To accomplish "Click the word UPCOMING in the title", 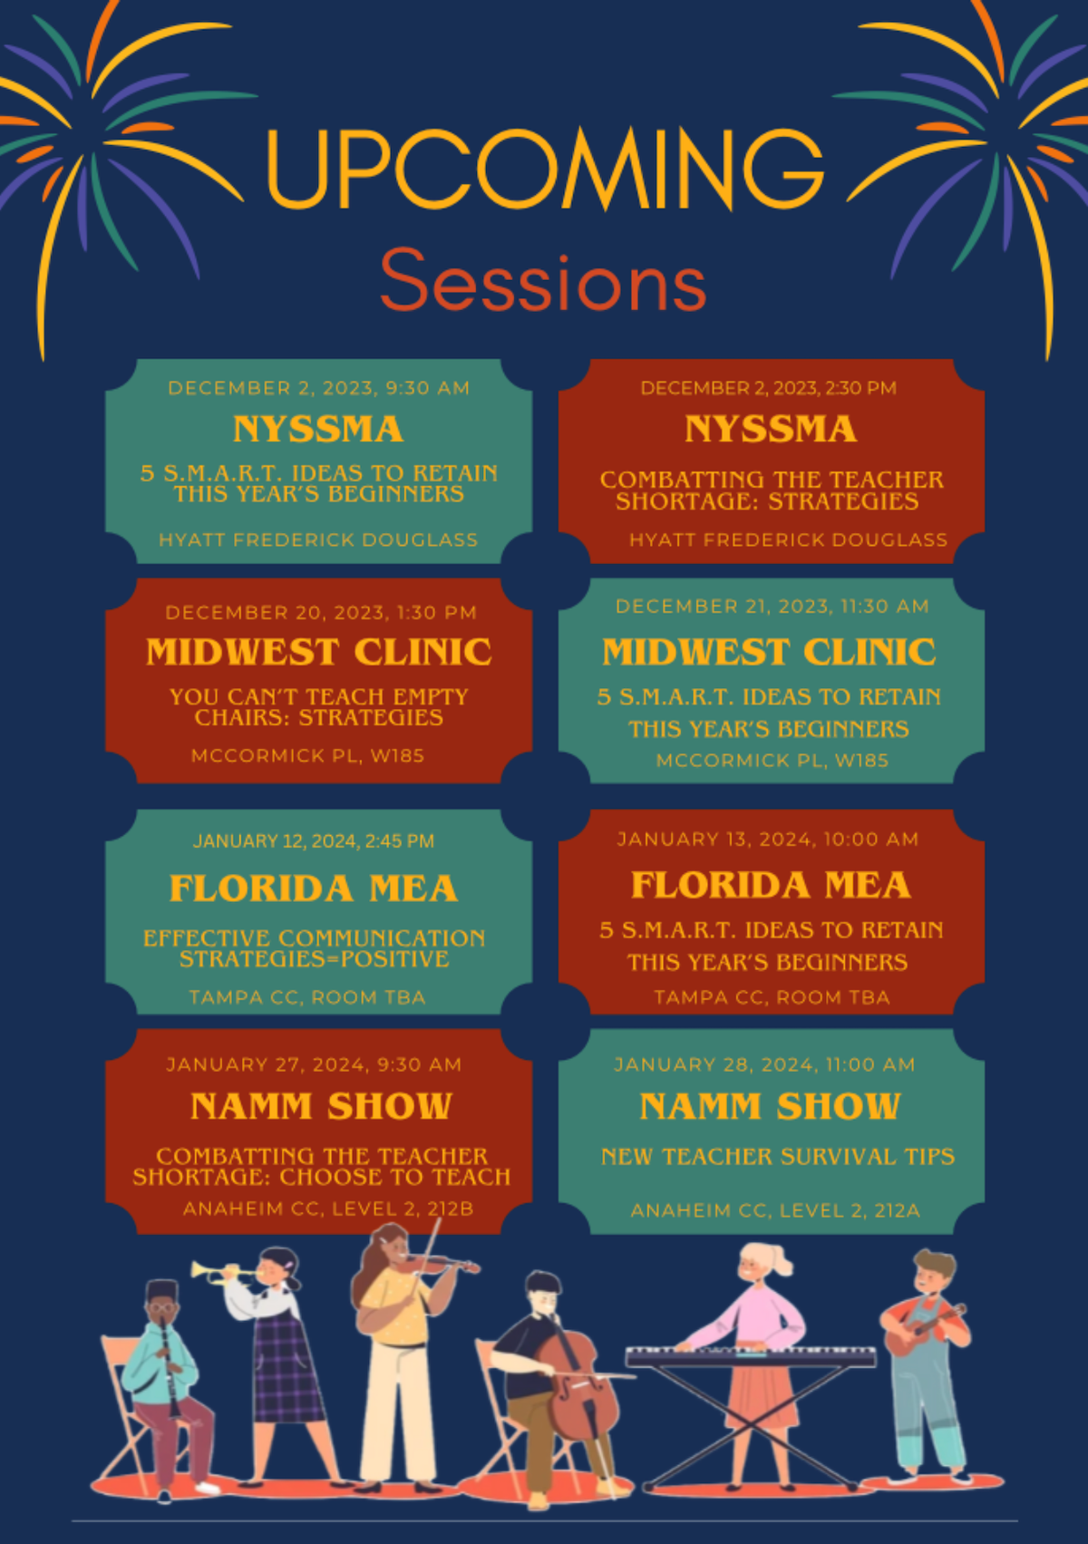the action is [546, 169].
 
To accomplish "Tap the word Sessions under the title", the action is [543, 280].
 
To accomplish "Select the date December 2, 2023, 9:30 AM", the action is [318, 388].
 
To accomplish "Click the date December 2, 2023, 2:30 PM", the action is [769, 388].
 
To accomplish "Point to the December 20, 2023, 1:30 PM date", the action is [321, 613].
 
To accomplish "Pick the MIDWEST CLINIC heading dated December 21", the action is [769, 651].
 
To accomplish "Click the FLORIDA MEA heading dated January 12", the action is [314, 888].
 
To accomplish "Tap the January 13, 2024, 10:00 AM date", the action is [768, 840].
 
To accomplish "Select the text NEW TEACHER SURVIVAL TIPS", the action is [778, 1157].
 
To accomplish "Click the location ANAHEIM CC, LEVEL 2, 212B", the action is [328, 1209].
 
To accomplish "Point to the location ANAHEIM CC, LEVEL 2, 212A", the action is [776, 1210].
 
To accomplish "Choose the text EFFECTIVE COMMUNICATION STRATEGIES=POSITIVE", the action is [315, 948].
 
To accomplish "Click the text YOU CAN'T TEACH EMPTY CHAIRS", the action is [318, 697].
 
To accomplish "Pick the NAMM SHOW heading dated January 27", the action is [321, 1106].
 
